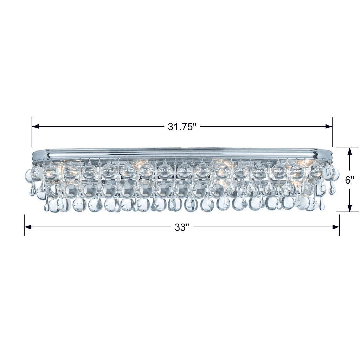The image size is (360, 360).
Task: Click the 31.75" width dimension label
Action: click(181, 127)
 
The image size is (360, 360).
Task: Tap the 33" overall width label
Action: click(182, 227)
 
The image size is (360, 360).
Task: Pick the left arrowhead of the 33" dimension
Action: click(28, 227)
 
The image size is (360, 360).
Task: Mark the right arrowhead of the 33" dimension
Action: click(336, 227)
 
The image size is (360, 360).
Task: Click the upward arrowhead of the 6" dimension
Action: click(349, 152)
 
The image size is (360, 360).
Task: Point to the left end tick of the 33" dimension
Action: click(24, 225)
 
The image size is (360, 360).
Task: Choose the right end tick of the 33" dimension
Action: click(339, 225)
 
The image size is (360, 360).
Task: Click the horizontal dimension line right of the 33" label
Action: click(264, 227)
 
